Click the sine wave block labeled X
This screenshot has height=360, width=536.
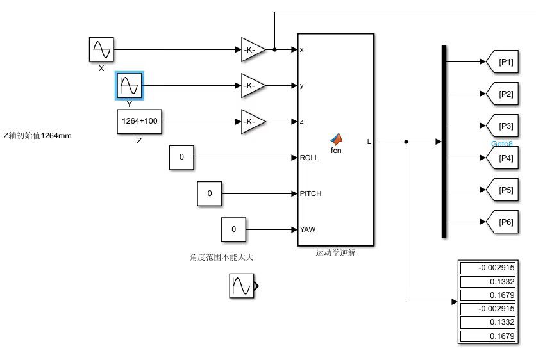[101, 49]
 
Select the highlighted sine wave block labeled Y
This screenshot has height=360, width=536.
[130, 86]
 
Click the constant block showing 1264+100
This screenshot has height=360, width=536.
[140, 121]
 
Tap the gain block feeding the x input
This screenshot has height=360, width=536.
[253, 49]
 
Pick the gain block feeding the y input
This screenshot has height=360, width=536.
[253, 85]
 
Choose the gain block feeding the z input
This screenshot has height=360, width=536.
[253, 122]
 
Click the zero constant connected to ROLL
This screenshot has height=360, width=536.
[181, 158]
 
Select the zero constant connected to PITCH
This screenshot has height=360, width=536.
[210, 193]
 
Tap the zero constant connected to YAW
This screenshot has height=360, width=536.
[233, 229]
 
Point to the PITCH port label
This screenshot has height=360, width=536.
[310, 193]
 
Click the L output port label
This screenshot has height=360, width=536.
[369, 142]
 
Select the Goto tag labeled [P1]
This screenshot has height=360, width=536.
[502, 62]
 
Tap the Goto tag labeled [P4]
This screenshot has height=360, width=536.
[502, 158]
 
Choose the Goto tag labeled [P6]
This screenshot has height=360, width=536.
[502, 222]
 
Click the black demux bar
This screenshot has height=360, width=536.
[444, 142]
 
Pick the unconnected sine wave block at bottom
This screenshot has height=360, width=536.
[242, 286]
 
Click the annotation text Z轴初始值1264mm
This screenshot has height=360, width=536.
[38, 136]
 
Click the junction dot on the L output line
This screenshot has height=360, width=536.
[406, 142]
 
